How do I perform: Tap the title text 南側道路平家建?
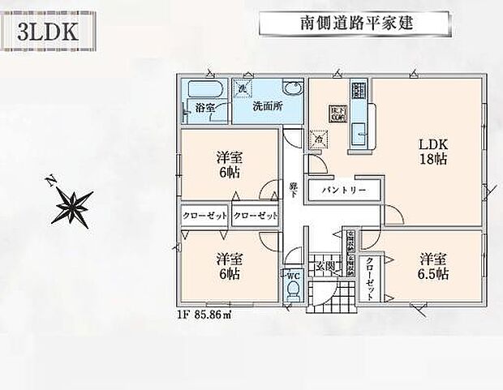pos(356,22)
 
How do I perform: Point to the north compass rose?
pos(72,204)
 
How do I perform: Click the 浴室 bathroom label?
pos(204,107)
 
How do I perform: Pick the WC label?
pos(293,275)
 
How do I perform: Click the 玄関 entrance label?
pos(325,265)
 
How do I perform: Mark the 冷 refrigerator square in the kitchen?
pos(320,139)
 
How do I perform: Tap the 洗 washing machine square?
pos(242,90)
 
